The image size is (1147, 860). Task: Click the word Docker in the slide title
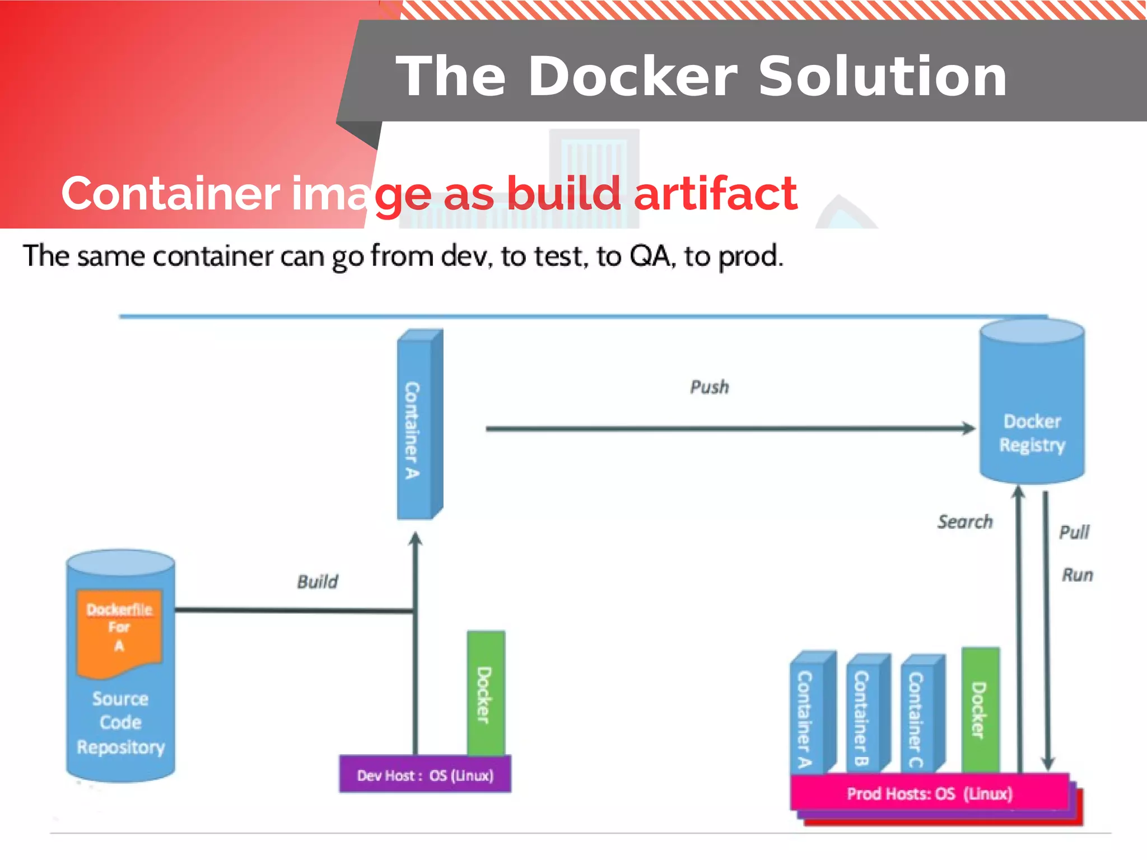click(632, 77)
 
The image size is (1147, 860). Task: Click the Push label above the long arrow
click(709, 387)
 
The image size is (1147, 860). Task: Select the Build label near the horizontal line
click(317, 581)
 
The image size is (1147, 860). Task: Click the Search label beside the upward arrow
click(964, 522)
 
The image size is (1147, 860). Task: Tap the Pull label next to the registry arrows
click(1074, 532)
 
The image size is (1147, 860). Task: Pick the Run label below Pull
click(1077, 575)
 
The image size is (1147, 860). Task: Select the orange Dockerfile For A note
click(119, 630)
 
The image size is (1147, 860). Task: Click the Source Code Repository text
click(120, 723)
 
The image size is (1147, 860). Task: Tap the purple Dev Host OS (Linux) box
click(425, 775)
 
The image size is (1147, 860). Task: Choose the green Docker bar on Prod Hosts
click(980, 710)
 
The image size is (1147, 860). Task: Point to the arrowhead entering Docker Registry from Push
click(968, 428)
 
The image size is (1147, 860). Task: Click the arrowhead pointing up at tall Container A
click(415, 539)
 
